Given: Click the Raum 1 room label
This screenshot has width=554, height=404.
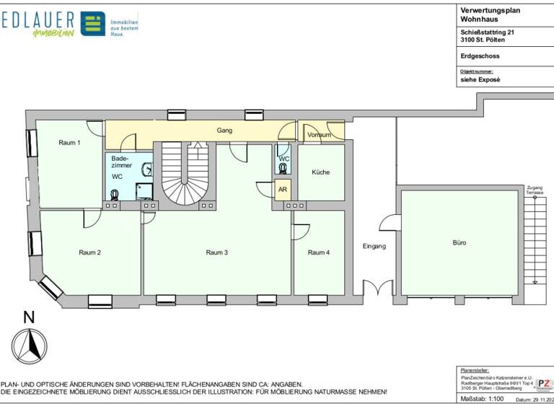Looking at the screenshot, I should pyautogui.click(x=69, y=143).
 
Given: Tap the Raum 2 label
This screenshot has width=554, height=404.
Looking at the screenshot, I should pyautogui.click(x=89, y=252).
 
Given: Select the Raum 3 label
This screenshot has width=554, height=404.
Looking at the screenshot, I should pyautogui.click(x=216, y=252).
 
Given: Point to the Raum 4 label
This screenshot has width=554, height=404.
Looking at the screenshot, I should pyautogui.click(x=318, y=252).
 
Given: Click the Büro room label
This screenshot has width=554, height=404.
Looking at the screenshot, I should pyautogui.click(x=459, y=243).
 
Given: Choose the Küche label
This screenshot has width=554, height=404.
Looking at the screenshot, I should pyautogui.click(x=320, y=172).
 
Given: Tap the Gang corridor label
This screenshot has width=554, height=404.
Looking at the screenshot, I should pyautogui.click(x=224, y=131).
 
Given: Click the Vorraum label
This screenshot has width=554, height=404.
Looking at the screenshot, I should pyautogui.click(x=319, y=135).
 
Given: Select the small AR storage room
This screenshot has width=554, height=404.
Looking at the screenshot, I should pyautogui.click(x=282, y=189).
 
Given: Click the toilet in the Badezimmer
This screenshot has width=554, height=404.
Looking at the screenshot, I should pyautogui.click(x=115, y=194).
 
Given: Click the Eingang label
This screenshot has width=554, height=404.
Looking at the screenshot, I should pyautogui.click(x=374, y=247).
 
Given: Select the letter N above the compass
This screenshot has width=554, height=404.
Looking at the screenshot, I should pyautogui.click(x=29, y=317).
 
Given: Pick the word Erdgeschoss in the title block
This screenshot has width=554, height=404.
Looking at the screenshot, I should pyautogui.click(x=480, y=56).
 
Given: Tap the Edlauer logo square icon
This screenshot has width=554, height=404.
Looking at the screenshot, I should pyautogui.click(x=92, y=24).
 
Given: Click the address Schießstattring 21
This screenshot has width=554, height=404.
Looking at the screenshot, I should pyautogui.click(x=488, y=32).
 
